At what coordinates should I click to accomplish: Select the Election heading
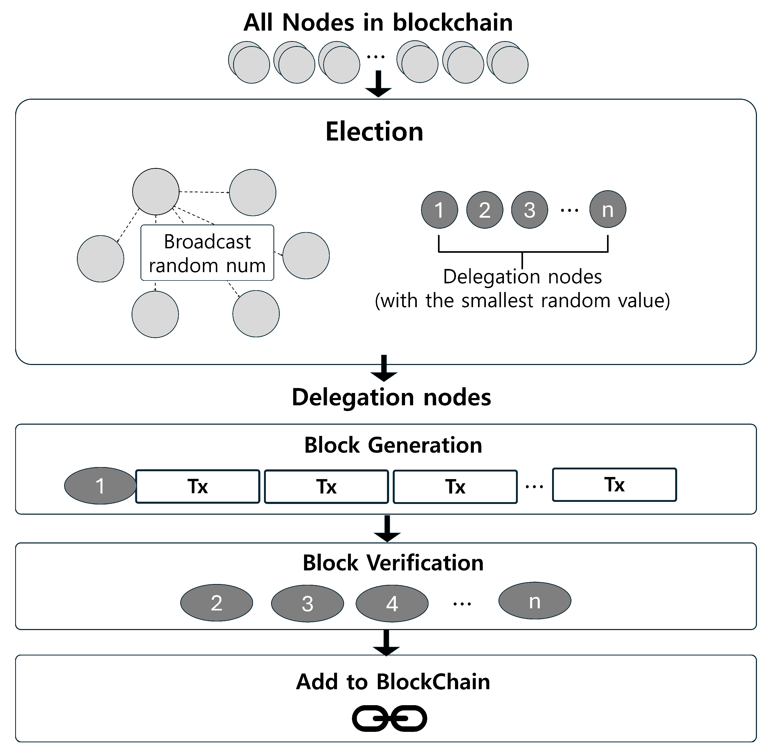374,132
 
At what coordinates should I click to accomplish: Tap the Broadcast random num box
207,253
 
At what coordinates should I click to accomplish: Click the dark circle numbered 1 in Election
439,210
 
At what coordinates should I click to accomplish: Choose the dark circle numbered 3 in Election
530,210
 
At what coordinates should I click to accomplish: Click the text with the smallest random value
522,301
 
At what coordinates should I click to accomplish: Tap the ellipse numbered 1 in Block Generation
100,486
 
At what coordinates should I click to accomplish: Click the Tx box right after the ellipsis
614,485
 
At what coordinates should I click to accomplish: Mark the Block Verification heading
393,563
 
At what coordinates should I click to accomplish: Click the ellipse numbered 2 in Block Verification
216,603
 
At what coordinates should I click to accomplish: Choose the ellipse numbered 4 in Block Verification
392,604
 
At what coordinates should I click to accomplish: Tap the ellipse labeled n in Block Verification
535,601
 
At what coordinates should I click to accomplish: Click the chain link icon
390,719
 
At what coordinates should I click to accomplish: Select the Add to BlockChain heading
393,682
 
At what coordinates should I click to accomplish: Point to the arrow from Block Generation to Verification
387,529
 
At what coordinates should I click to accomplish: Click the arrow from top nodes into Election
378,84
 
